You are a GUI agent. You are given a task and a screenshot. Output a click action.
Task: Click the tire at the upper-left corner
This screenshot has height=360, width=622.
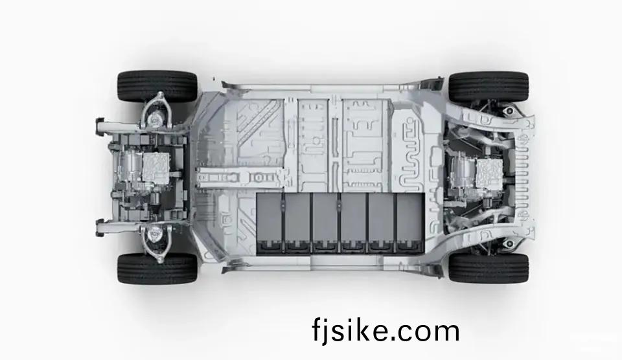[x=157, y=86]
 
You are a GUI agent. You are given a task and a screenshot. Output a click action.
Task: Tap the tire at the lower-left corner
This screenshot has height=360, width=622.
[x=157, y=269]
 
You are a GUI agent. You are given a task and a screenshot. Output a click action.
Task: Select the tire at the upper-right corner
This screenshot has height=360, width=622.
[x=489, y=86]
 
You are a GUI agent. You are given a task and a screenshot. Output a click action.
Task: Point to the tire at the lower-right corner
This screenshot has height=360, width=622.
[x=489, y=268]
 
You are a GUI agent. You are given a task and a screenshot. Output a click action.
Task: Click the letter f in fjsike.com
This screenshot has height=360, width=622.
[x=317, y=329]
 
